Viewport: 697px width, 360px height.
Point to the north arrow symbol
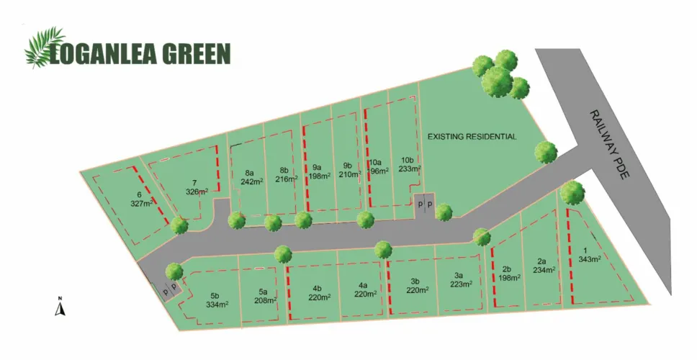pos(62,307)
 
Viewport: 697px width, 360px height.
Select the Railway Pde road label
pos(608,150)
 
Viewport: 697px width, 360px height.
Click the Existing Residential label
pos(472,136)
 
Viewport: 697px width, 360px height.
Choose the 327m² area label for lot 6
pos(140,204)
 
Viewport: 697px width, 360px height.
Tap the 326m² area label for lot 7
pos(197,192)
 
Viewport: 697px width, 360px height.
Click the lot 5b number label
pos(215,295)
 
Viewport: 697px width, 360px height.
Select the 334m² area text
pos(217,305)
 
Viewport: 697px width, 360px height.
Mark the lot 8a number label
pos(250,173)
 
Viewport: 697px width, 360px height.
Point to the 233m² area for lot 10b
pos(409,169)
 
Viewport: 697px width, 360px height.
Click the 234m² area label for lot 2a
pos(545,270)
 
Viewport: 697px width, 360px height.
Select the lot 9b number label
pos(348,165)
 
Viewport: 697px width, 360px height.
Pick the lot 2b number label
pos(505,269)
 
